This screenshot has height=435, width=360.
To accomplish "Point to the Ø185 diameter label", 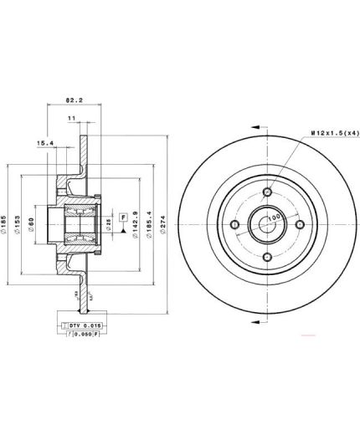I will (6, 223).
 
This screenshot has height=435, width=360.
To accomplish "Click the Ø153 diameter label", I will (19, 223).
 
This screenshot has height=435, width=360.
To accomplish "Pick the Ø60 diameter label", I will (33, 223).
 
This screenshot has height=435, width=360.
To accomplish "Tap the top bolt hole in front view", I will (267, 193).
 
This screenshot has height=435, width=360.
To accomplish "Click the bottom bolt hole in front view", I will (267, 257).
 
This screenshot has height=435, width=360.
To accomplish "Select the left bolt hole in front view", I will (235, 225).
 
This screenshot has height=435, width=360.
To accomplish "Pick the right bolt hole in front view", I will (299, 225).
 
